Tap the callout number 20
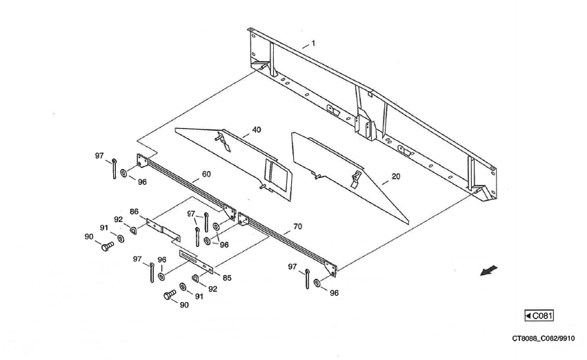coord(395,177)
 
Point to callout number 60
coord(206,174)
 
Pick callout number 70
coord(297,226)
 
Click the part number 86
coord(134,212)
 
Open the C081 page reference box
coord(539,316)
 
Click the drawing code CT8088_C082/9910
coord(543,339)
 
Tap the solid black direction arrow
coord(490,270)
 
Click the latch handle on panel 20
coord(355,179)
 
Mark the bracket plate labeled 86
coord(163,229)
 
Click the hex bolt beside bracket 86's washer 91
coord(107,246)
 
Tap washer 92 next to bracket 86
coord(132,230)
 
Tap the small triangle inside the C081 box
coord(528,316)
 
